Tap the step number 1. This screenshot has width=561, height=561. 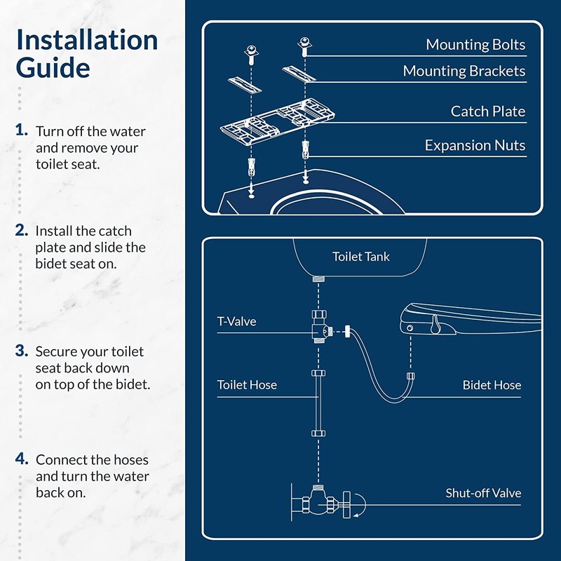22,130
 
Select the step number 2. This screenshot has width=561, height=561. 22,230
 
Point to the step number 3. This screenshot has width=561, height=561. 22,351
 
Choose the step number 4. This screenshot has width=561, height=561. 22,459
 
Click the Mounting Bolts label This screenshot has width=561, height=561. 475,45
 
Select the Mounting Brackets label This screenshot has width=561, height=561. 464,71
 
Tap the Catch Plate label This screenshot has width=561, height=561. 487,111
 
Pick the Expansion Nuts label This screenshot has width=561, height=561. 475,145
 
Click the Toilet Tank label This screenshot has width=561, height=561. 360,257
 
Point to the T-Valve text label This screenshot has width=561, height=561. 236,322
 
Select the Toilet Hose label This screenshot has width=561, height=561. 247,385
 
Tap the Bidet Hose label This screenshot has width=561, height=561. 492,385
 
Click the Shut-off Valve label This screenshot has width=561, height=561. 483,493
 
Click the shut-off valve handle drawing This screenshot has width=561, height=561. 346,504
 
